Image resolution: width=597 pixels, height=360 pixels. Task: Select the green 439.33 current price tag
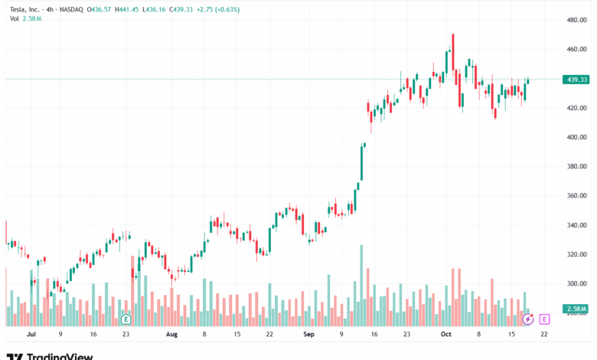[x=574, y=80]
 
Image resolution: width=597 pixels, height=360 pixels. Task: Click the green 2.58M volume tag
[x=574, y=309]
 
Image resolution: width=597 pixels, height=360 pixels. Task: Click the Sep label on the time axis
[x=308, y=335]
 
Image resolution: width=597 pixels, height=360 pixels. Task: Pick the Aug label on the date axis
[x=171, y=335]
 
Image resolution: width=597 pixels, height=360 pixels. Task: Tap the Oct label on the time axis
[x=446, y=335]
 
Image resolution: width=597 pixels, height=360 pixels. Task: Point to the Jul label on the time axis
[x=31, y=335]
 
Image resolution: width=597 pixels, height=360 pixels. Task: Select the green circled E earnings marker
[x=125, y=318]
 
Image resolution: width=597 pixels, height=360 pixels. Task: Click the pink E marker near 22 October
[x=544, y=319]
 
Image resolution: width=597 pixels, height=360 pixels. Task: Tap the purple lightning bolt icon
[x=527, y=319]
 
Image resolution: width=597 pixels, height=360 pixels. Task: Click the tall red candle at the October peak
[x=453, y=52]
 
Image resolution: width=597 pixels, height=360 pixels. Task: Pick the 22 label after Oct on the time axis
[x=544, y=335]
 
